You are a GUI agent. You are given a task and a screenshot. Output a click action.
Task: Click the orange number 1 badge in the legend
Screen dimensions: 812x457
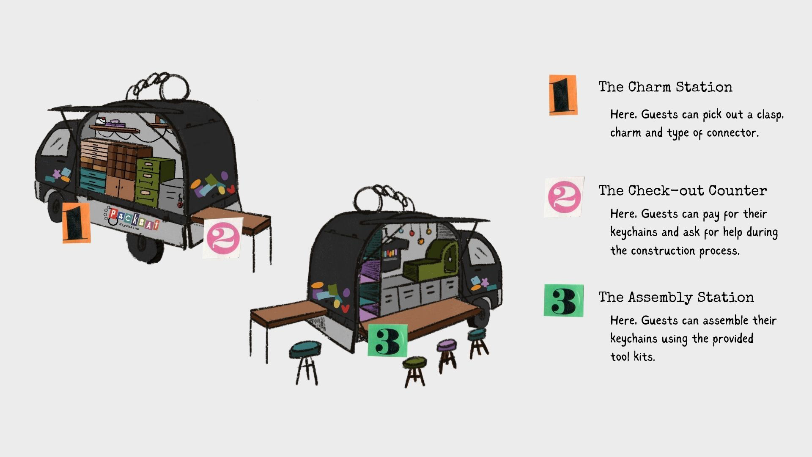pyautogui.click(x=562, y=95)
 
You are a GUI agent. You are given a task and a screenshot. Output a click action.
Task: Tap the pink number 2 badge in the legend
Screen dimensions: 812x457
pyautogui.click(x=564, y=197)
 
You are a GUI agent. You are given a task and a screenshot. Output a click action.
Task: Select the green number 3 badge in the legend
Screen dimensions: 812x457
pyautogui.click(x=563, y=300)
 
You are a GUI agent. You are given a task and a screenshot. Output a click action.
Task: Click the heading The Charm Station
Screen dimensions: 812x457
pyautogui.click(x=665, y=87)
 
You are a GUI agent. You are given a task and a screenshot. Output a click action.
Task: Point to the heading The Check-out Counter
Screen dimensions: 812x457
pyautogui.click(x=682, y=190)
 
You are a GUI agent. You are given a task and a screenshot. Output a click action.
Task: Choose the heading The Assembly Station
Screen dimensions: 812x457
pyautogui.click(x=676, y=297)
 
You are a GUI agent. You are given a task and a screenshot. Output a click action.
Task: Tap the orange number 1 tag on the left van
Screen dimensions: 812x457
pyautogui.click(x=76, y=223)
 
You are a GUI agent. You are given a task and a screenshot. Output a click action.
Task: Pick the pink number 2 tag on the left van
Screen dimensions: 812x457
pyautogui.click(x=222, y=238)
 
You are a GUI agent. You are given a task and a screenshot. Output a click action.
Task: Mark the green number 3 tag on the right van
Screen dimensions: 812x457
pyautogui.click(x=387, y=340)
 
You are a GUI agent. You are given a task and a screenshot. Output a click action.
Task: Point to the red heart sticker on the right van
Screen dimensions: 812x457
pyautogui.click(x=345, y=308)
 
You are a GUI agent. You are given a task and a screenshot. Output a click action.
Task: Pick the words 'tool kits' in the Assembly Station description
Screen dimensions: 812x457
pyautogui.click(x=632, y=357)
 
